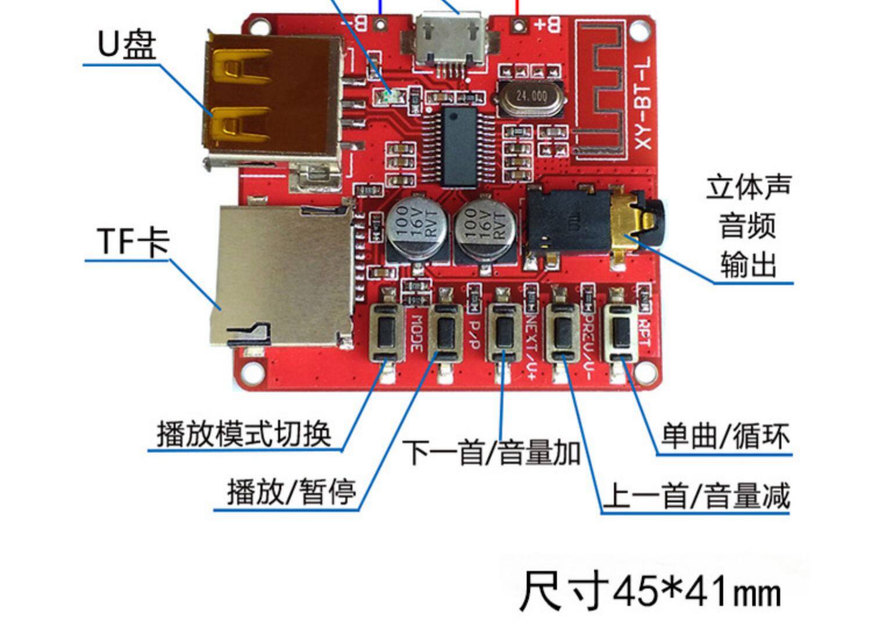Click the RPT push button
(x=621, y=332)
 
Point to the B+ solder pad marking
(x=547, y=25)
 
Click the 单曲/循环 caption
(x=726, y=436)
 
